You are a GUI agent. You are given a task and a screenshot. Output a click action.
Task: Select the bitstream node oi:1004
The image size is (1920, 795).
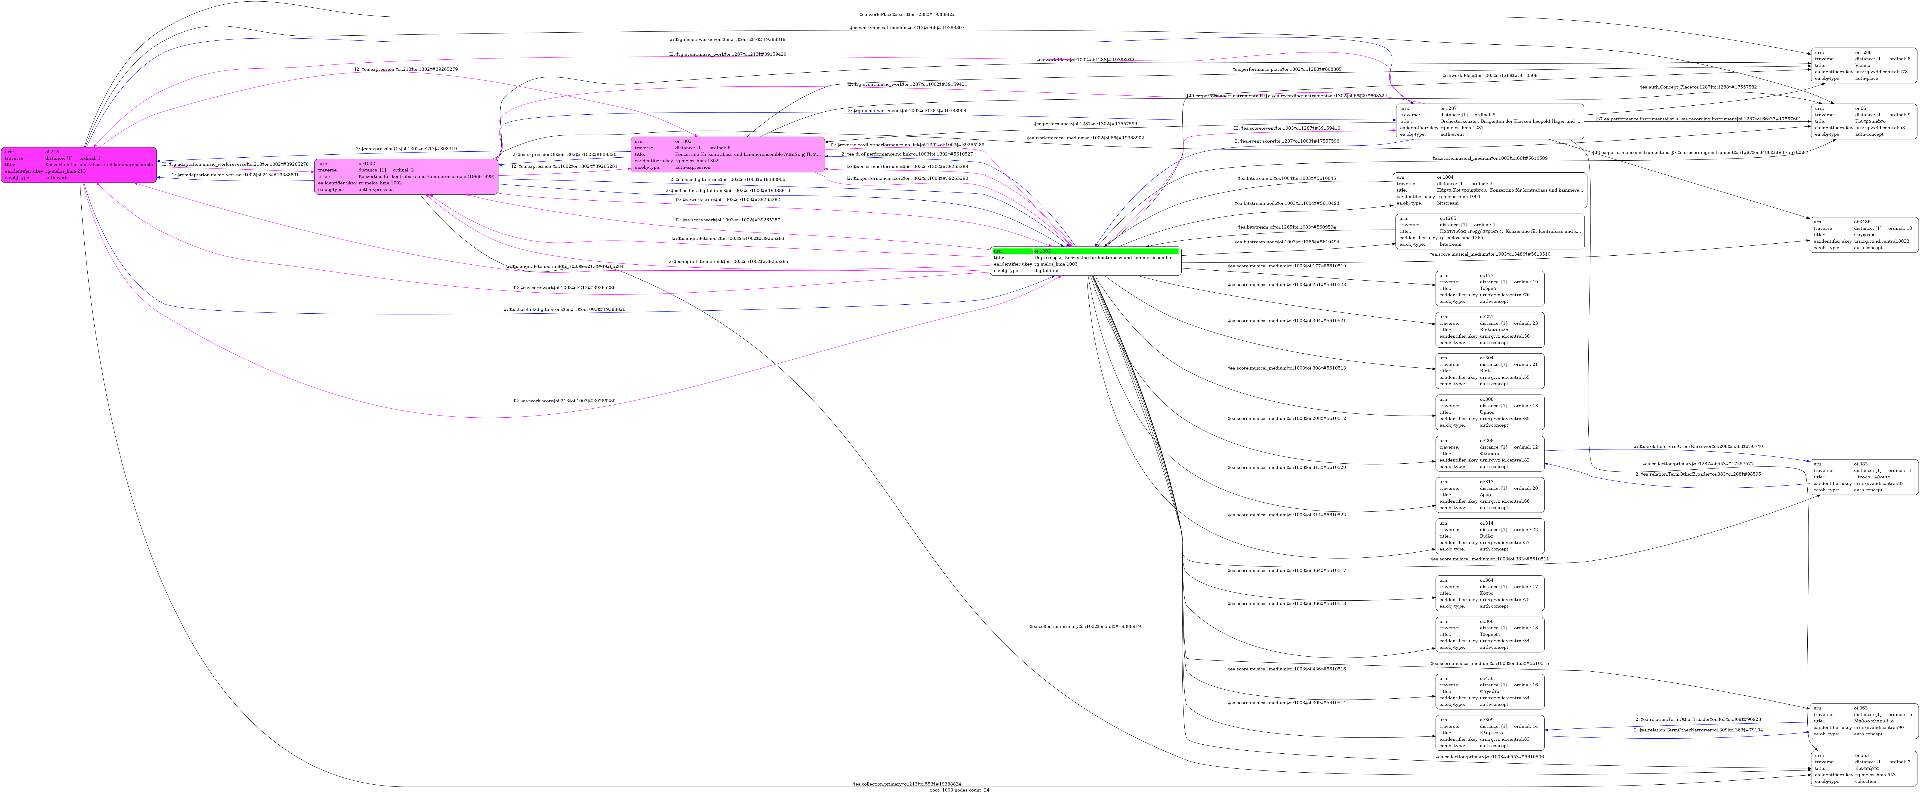point(1489,190)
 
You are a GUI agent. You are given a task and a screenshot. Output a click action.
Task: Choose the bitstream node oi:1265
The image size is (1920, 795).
point(1489,231)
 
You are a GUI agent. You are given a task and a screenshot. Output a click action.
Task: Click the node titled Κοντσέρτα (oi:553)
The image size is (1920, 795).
point(1863,768)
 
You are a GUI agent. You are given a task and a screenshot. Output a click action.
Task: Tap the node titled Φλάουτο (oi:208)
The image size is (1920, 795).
point(1489,454)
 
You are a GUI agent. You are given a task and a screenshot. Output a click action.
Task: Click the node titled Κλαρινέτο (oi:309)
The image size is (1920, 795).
point(1489,732)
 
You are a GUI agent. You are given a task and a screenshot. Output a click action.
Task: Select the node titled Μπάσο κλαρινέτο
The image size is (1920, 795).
point(1863,721)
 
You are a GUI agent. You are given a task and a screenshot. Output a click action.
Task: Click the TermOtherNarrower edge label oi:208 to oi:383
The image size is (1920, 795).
point(1698,446)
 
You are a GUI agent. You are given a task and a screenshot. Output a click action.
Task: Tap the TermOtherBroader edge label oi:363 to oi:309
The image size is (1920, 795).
point(1698,719)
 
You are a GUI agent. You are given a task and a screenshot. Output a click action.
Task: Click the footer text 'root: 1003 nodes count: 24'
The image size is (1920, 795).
point(959,790)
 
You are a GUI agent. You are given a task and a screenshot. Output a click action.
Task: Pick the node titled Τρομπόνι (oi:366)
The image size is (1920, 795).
point(1489,634)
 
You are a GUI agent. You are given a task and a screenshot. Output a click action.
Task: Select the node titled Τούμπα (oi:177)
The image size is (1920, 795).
point(1489,288)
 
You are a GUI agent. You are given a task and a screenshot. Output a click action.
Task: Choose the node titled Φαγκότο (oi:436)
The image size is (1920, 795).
point(1489,691)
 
